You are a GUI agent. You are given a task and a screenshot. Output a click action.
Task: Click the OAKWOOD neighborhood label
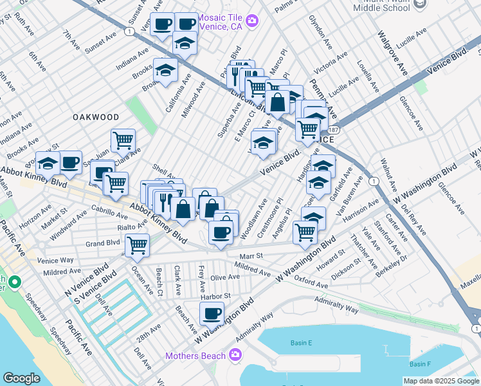96,117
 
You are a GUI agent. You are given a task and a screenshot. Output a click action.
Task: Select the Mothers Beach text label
195,356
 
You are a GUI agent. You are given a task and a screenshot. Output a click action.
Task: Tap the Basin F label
421,364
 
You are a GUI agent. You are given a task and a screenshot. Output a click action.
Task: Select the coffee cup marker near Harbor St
212,314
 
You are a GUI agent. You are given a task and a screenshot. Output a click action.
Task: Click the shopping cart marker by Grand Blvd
137,244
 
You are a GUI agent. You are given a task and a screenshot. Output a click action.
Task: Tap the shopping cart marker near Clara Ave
123,140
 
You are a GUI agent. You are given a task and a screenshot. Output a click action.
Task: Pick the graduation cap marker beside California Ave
165,69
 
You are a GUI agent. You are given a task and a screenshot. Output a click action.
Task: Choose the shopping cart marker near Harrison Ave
305,232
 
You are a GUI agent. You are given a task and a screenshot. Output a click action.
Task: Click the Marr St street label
251,255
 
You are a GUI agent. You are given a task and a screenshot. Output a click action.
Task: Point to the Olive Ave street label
224,277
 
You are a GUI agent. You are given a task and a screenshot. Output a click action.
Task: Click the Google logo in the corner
21,378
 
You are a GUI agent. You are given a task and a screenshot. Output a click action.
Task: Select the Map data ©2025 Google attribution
440,381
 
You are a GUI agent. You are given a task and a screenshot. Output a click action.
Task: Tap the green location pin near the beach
14,282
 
